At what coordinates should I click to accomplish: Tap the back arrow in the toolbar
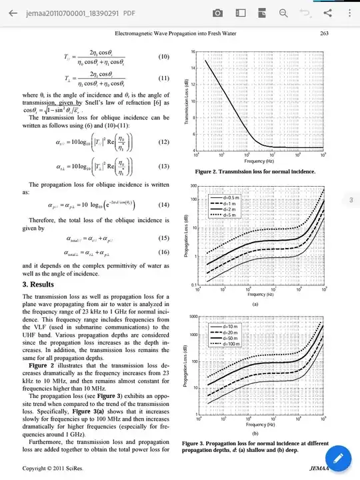13,13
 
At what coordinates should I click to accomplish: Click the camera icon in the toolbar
217,13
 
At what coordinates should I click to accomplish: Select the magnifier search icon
283,13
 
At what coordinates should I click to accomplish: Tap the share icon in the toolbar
327,13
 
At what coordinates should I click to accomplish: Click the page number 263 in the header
325,33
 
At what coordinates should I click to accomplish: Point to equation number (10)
164,57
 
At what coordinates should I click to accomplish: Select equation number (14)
164,205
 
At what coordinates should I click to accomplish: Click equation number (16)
164,253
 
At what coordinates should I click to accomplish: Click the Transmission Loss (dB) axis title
189,100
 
